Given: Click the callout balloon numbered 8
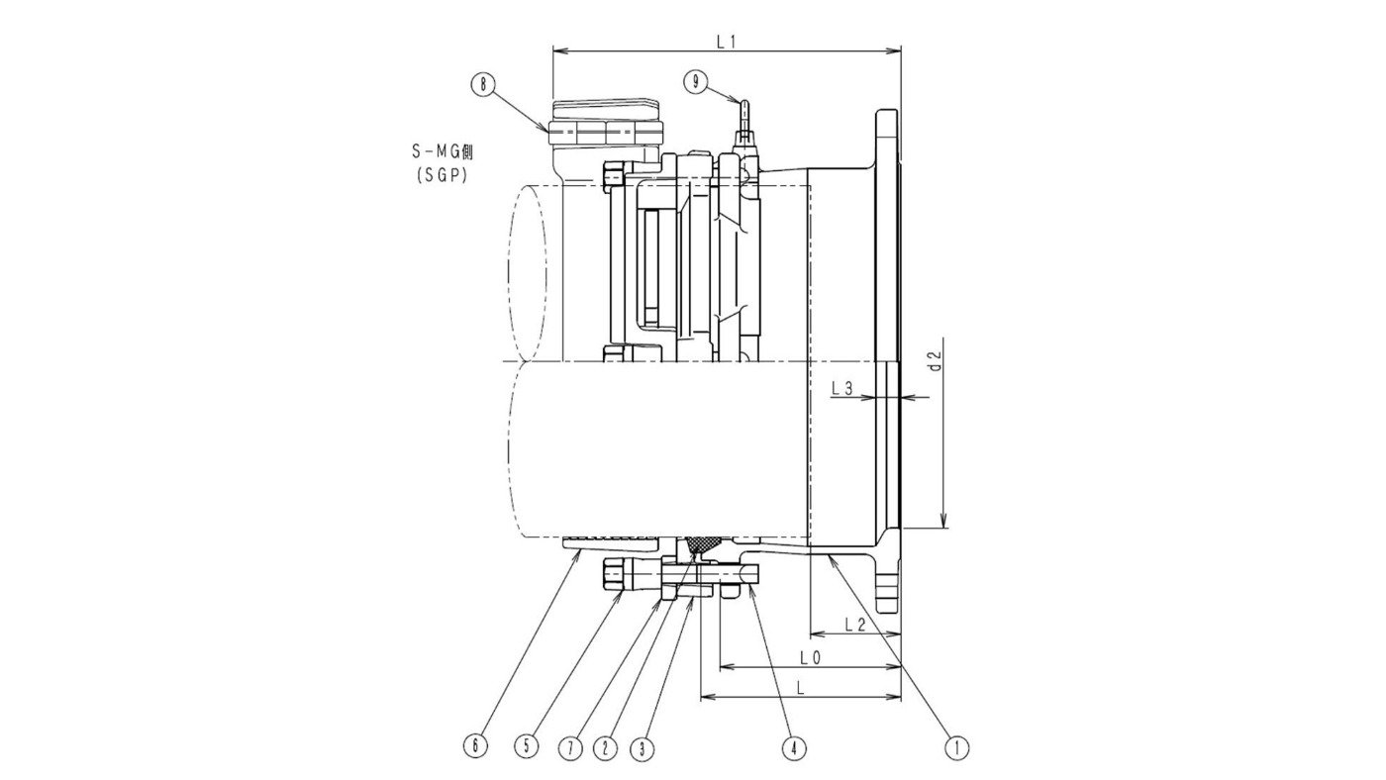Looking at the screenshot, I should coord(482,84).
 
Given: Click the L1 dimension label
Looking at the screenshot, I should coord(727,41).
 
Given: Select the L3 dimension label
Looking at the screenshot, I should coord(842,389).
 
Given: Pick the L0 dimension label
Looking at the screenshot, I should coord(810,656).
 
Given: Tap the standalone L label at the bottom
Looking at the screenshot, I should coord(799,686).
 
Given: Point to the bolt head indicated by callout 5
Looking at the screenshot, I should coord(615,573).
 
